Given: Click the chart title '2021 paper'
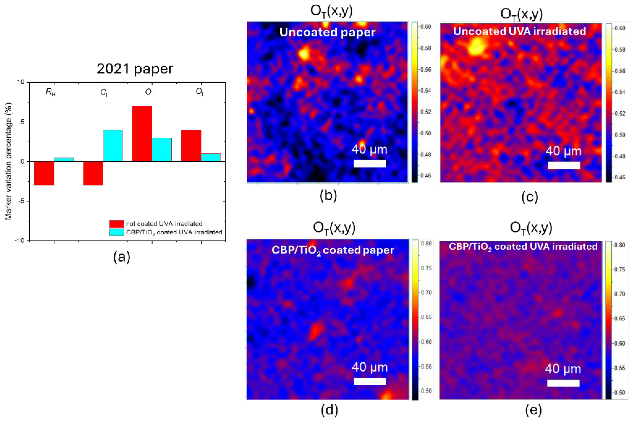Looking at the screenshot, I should coord(135,69).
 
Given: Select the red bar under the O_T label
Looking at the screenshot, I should coord(142,134).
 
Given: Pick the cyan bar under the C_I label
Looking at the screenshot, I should coord(113,146).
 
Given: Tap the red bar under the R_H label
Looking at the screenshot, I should coord(44,173).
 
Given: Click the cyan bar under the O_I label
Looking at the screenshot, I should coord(211,158).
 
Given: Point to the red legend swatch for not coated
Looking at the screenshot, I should coord(116,224).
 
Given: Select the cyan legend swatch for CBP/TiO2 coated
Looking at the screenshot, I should coord(116,232).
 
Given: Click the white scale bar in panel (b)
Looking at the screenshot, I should coord(370,164).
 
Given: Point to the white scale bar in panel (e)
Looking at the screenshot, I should coord(563,383).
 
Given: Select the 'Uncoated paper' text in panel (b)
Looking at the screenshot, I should coord(327,32).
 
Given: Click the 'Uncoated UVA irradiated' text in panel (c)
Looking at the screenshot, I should coord(519,31).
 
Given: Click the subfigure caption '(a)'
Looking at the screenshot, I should coord(122,257).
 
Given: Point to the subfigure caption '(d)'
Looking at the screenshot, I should coord(329,410).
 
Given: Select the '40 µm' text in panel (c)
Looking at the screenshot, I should coord(563,151).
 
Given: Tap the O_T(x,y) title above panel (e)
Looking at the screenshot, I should coord(531,228).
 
